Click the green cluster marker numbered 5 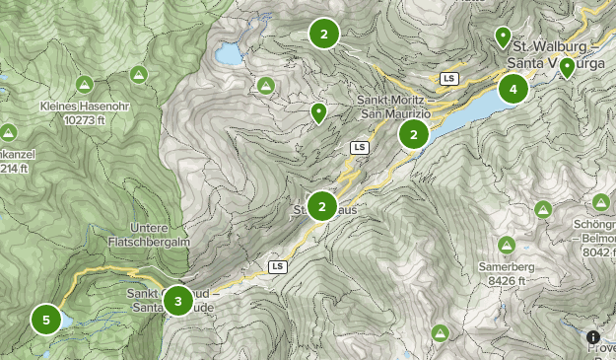coord(46,320)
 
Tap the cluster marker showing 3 coord(177,300)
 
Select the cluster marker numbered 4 coord(513,90)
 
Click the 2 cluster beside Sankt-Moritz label coord(414,133)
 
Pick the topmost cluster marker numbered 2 coord(323,34)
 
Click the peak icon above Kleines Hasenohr coord(84,84)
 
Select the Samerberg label coord(507,267)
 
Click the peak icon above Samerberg coord(507,245)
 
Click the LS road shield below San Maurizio coord(359,147)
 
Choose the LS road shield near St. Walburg coord(449,78)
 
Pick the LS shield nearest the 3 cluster coord(277,266)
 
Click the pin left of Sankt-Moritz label coord(318,113)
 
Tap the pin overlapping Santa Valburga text coord(567,67)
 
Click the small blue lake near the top coord(229,53)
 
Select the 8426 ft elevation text coord(510,280)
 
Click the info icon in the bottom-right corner coord(593,338)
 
